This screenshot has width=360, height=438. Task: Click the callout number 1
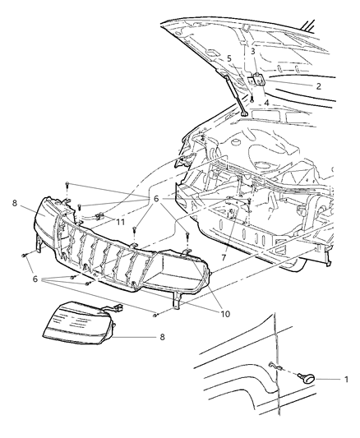[346, 380]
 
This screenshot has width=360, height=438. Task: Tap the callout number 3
[252, 52]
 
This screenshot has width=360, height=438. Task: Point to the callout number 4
[265, 103]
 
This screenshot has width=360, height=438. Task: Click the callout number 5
[229, 58]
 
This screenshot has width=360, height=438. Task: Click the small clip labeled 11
[97, 219]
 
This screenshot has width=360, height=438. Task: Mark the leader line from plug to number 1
[328, 379]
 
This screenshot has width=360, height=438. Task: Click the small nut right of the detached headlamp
[155, 316]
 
